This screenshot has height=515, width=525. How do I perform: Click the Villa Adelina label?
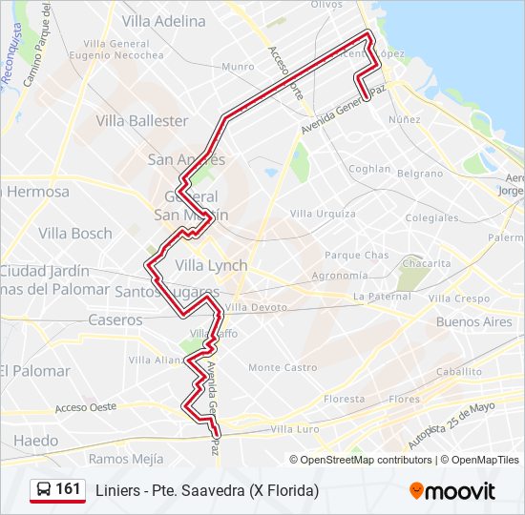163,20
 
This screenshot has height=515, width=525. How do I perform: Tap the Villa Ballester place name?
142,121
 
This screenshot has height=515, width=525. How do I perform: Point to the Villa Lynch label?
211,265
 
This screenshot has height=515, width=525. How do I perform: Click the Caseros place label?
115,320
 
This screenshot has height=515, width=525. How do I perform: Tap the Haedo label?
35,441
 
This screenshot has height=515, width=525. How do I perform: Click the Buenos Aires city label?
473,322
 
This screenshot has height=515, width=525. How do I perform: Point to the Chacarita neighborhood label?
426,263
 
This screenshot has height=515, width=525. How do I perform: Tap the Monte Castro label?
283,367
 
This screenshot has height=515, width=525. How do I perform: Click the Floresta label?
345,399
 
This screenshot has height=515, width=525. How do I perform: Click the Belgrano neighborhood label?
420,174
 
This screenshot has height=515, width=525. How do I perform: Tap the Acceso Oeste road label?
85,407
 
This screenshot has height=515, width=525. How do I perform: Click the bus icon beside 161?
44,490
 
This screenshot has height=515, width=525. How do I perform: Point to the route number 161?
68,489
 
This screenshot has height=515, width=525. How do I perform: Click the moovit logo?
452,490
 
